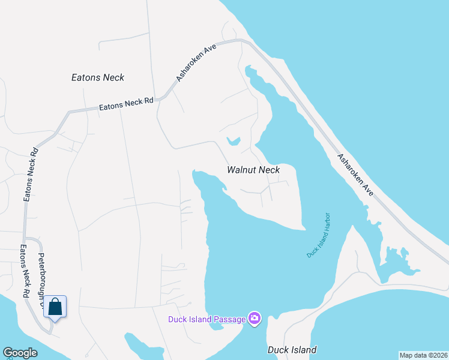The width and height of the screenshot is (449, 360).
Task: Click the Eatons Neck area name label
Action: (x=98, y=77)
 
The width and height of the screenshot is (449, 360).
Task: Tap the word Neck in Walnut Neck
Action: (x=269, y=170)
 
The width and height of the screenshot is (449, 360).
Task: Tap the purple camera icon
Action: (x=255, y=317)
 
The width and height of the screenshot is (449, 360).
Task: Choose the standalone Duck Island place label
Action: (x=292, y=349)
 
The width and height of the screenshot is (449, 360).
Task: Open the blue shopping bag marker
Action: (x=55, y=307)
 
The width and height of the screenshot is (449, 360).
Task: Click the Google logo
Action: (x=20, y=353)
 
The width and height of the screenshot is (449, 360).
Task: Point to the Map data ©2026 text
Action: (x=423, y=355)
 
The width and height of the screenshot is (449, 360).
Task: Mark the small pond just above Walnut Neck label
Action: (x=234, y=142)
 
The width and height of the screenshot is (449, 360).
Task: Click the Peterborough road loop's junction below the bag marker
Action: (x=50, y=329)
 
